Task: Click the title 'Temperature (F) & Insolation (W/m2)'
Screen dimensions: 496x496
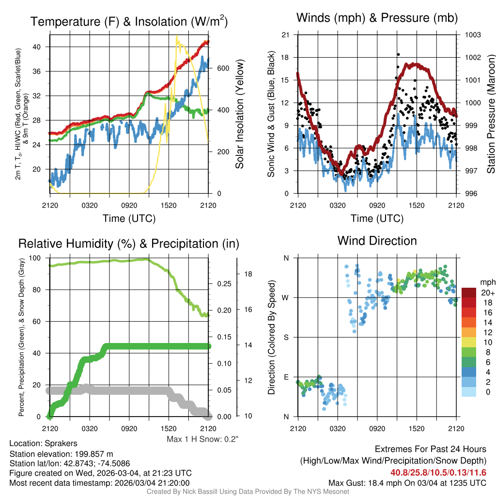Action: pyautogui.click(x=129, y=21)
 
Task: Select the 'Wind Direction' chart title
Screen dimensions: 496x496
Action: pyautogui.click(x=377, y=241)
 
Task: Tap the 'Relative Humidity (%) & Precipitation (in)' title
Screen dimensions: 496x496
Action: pyautogui.click(x=128, y=243)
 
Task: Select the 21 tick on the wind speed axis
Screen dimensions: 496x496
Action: pyautogui.click(x=286, y=35)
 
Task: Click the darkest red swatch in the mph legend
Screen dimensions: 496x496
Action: pyautogui.click(x=469, y=293)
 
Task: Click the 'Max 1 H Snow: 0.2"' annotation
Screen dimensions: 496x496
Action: pyautogui.click(x=202, y=439)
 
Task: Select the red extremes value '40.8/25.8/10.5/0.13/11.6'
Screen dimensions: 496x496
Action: pyautogui.click(x=438, y=472)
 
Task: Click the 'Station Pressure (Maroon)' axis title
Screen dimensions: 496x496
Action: pyautogui.click(x=490, y=114)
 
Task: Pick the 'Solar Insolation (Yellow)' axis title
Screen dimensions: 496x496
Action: pyautogui.click(x=239, y=114)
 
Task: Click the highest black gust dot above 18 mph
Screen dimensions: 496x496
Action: pyautogui.click(x=398, y=55)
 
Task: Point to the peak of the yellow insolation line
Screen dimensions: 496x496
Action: pyautogui.click(x=177, y=36)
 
